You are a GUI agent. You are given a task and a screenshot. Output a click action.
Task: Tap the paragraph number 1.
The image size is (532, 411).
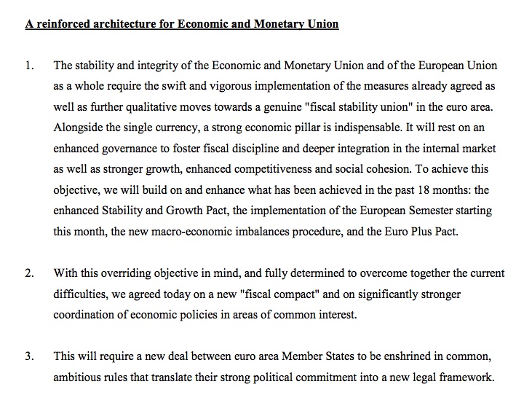coord(29,66)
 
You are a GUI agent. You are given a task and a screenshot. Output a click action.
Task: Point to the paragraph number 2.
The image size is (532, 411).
coord(29,274)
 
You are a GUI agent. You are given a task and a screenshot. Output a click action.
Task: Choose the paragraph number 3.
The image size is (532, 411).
coord(29,358)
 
